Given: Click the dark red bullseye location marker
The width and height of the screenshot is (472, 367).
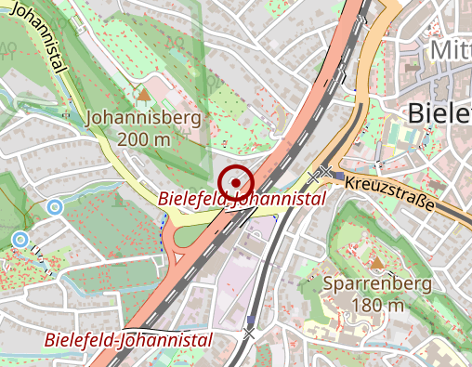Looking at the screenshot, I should [x=236, y=180].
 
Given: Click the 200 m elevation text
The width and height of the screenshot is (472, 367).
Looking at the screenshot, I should [x=144, y=139].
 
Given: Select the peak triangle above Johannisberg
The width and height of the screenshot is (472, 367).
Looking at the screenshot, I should [x=143, y=93].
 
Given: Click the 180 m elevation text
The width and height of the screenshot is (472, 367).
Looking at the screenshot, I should [x=377, y=305].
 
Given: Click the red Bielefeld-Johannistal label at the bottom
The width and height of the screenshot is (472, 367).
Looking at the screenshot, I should [x=128, y=339].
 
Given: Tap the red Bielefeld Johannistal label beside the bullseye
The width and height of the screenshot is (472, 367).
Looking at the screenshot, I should [x=242, y=199].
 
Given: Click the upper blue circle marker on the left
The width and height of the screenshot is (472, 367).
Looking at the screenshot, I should [x=55, y=207].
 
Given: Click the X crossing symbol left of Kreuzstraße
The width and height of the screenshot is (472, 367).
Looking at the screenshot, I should [x=323, y=172].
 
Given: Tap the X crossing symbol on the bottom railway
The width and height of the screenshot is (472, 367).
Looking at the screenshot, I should [x=248, y=334].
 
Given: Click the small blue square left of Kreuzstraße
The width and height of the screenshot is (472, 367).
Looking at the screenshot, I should [x=339, y=176].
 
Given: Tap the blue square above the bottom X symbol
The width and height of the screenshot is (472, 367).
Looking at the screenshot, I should [x=250, y=319].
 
